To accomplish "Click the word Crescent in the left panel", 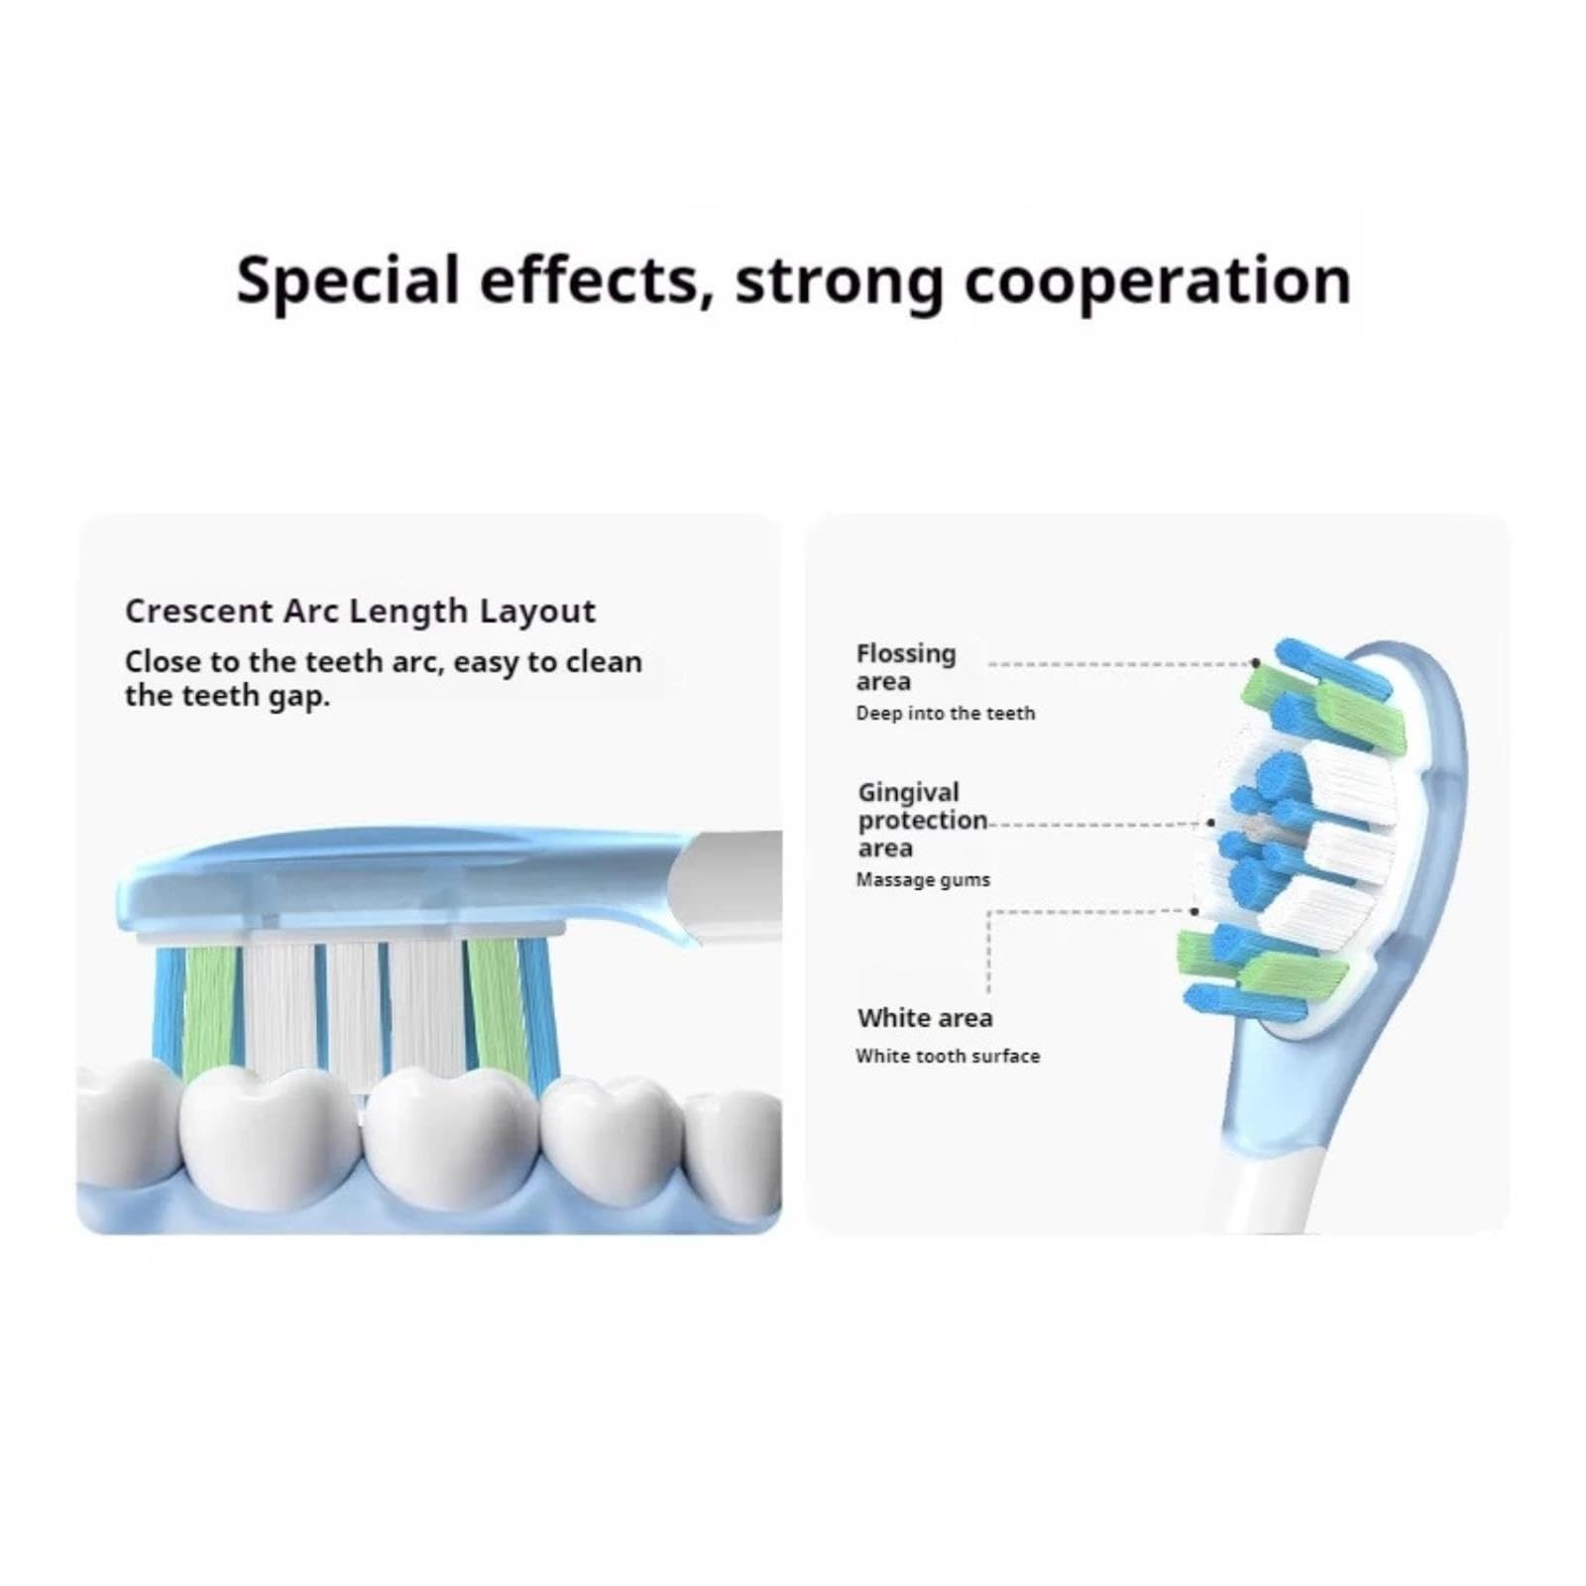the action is coord(198,611).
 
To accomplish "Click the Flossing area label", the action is coord(906,667).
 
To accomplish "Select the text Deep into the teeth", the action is coord(946,713).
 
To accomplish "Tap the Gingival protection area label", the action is coord(923,820).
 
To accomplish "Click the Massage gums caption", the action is coord(923,879).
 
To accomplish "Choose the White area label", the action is coord(925,1018).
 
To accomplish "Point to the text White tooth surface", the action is coord(948,1056).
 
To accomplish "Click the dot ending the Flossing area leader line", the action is coord(1255,663).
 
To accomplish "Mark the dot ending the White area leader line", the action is coord(1194,911).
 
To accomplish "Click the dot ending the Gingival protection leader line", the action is coord(1211,823).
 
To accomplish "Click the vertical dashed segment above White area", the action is coord(988,952).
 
